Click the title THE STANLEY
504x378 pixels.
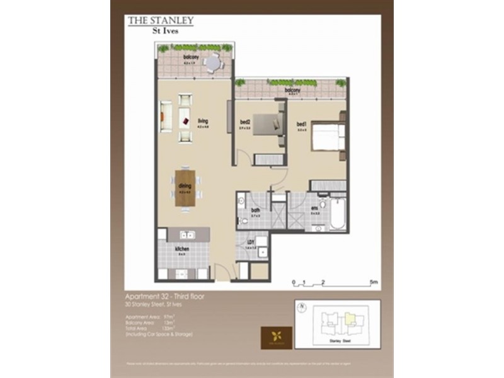point(161,20)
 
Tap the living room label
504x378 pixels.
point(202,121)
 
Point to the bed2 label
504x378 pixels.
point(246,122)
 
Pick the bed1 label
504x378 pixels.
point(301,124)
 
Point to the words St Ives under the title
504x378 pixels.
point(161,29)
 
